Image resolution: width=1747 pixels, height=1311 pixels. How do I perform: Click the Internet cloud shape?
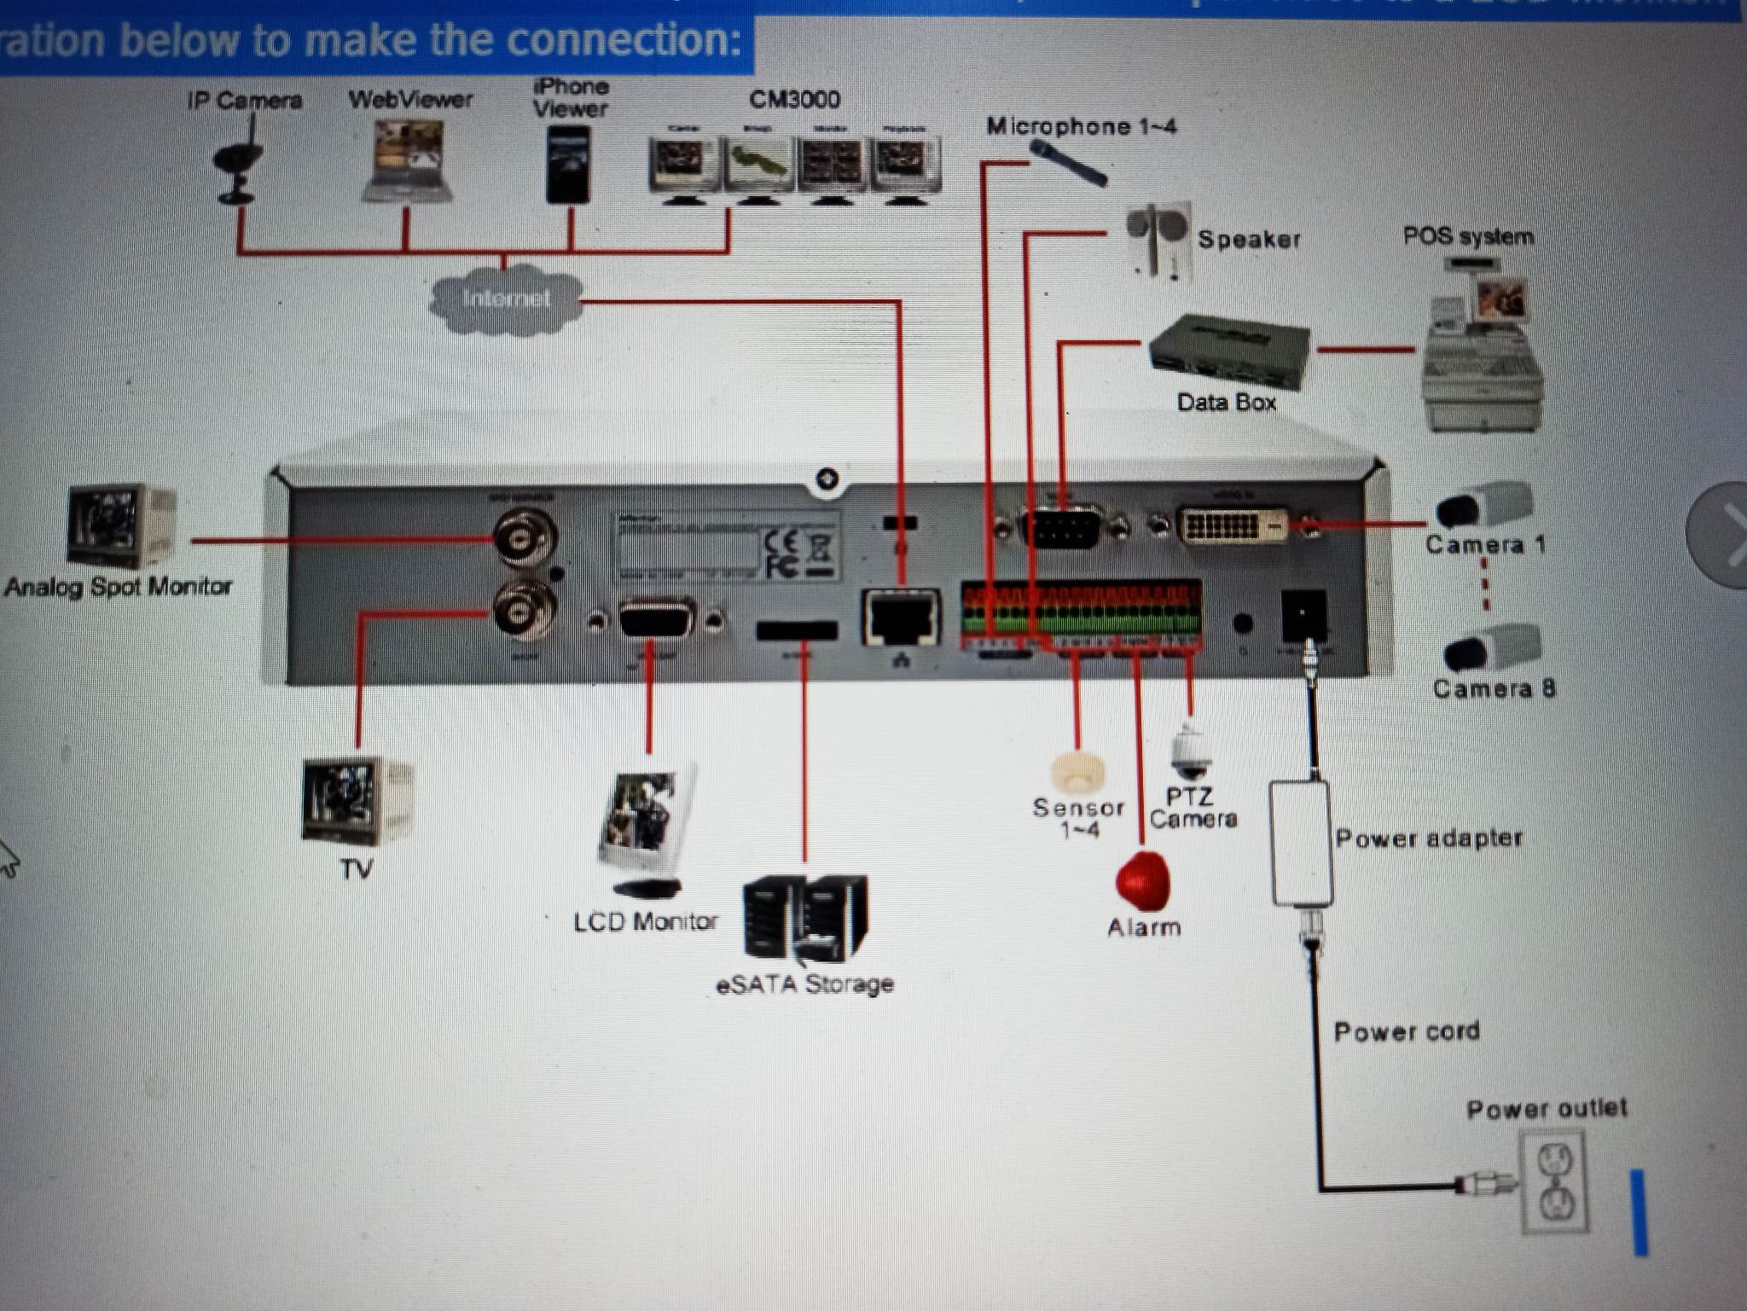(507, 299)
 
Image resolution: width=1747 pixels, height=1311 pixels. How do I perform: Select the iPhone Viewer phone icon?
(568, 164)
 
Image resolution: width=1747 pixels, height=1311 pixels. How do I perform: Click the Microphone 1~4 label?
(1081, 127)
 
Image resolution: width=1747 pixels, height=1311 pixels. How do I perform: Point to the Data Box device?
(1228, 351)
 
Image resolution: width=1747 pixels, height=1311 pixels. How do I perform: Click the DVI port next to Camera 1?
(1233, 526)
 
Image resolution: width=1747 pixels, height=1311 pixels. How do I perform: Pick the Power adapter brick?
(1302, 843)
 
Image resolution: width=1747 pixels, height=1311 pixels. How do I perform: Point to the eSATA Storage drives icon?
(804, 918)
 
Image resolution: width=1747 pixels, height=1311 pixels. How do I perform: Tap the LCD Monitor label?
(646, 922)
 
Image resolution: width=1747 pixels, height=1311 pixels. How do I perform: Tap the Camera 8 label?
(1494, 688)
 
